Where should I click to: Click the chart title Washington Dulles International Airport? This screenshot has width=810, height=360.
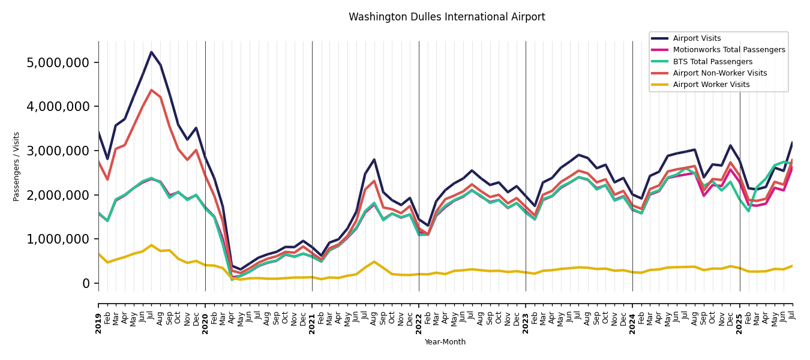(x=446, y=17)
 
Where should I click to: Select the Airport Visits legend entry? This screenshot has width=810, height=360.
(x=697, y=38)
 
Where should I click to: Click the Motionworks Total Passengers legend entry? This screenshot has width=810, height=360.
(x=728, y=50)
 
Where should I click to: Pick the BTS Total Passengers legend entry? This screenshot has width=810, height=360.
(x=712, y=62)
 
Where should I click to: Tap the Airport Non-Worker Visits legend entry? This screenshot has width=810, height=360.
(x=719, y=73)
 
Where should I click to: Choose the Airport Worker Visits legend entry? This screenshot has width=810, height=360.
(x=711, y=85)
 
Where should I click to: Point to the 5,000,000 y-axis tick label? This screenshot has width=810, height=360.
(x=58, y=63)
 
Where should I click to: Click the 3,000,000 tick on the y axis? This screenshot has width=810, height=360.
(x=58, y=151)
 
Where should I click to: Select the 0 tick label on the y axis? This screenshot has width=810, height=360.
(x=86, y=284)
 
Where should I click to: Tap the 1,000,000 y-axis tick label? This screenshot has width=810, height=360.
(x=58, y=239)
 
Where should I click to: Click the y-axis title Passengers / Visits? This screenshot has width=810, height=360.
(x=17, y=166)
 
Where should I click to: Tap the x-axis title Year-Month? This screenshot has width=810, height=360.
(x=445, y=342)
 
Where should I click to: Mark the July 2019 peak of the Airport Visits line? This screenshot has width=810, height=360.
(x=151, y=52)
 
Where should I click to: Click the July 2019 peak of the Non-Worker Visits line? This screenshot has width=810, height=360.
(x=151, y=90)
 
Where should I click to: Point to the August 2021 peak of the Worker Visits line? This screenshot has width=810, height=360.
(x=374, y=262)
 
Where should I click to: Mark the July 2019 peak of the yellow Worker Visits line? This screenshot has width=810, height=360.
(x=151, y=245)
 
